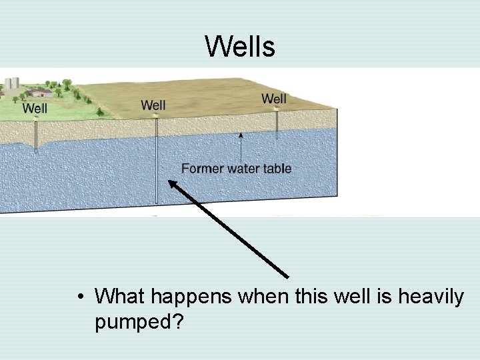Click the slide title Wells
(239, 46)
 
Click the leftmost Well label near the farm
(35, 107)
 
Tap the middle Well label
(153, 105)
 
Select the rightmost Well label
(274, 99)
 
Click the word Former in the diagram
(202, 169)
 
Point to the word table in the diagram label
(277, 169)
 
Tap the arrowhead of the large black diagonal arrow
(173, 185)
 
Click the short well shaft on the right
(277, 125)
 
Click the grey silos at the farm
(10, 84)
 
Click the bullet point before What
(80, 295)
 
